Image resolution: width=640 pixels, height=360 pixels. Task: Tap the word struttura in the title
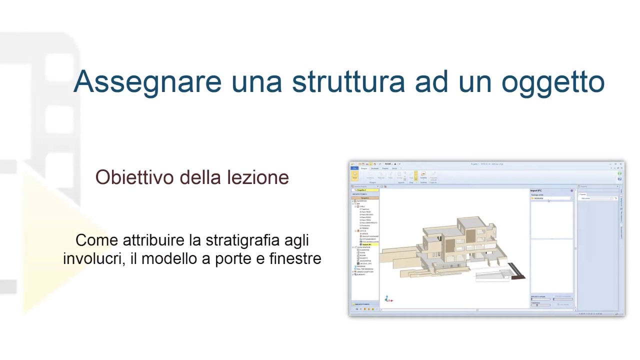click(348, 81)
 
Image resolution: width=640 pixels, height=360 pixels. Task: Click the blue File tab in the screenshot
click(354, 168)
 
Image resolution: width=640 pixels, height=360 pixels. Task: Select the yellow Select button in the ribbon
click(355, 176)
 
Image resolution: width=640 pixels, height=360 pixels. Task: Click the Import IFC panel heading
click(536, 190)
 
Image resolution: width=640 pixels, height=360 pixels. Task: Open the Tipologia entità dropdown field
click(551, 198)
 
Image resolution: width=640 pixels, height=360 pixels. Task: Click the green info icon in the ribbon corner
click(620, 173)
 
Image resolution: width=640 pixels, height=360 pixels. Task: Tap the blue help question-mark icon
click(620, 178)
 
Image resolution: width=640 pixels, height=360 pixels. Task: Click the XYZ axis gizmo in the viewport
click(388, 299)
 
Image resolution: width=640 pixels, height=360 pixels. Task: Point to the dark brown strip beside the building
click(518, 271)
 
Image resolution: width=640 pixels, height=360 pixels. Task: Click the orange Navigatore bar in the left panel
click(365, 198)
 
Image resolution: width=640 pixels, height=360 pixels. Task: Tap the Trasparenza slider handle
click(537, 304)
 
